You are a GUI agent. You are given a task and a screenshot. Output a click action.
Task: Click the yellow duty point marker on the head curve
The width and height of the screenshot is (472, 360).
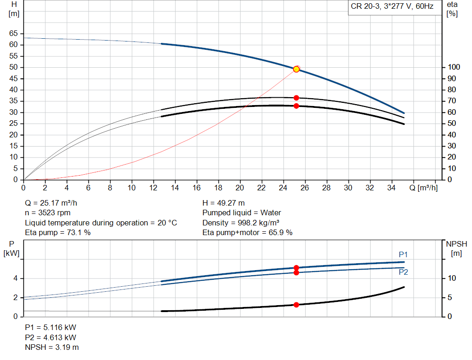[296, 69]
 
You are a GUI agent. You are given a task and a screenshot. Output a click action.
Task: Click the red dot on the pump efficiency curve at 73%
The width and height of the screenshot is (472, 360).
[296, 98]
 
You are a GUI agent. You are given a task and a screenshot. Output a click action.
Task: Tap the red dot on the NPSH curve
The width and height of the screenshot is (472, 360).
[296, 305]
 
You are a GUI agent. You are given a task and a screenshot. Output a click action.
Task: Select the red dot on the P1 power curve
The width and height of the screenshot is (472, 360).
[296, 268]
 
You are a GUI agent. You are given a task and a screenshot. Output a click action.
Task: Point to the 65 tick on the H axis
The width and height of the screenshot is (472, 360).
[13, 34]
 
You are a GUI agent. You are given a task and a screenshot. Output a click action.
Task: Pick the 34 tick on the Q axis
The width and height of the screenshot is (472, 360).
[391, 188]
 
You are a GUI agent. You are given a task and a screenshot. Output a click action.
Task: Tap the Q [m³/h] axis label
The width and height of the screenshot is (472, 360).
[423, 188]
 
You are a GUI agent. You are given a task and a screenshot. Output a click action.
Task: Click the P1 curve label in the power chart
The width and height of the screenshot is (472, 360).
[403, 254]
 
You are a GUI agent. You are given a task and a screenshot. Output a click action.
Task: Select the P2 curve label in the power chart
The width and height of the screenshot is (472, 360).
[403, 272]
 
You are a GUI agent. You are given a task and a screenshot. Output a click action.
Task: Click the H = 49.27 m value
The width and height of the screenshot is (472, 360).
[224, 203]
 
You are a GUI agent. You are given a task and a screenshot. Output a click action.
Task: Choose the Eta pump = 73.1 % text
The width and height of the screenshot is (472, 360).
[58, 233]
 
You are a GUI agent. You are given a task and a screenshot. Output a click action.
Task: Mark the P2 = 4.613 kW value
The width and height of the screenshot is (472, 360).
[50, 337]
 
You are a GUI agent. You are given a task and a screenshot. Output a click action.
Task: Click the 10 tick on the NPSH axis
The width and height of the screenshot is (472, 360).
[453, 278]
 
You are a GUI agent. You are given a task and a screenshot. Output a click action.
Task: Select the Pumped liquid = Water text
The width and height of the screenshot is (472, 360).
[242, 213]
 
